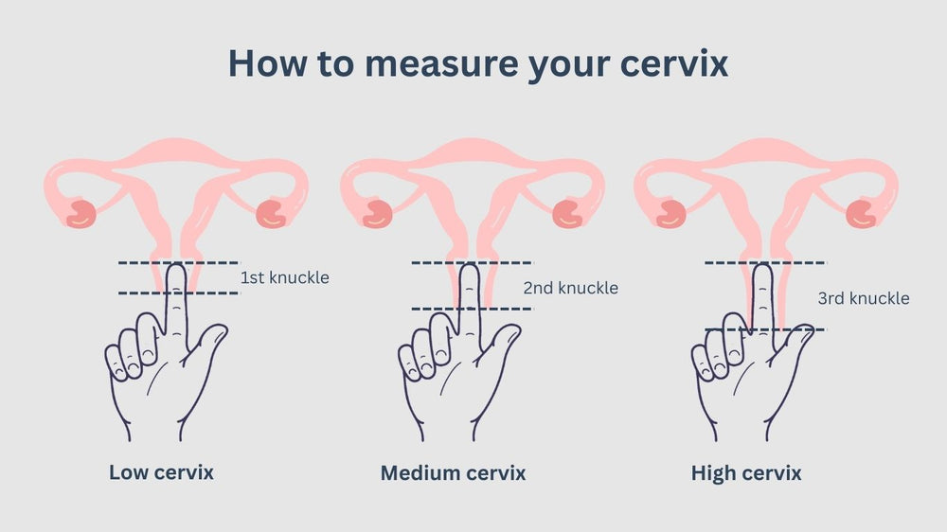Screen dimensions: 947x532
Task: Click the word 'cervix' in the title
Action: [x=673, y=62]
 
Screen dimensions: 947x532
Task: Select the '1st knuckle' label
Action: [x=284, y=277]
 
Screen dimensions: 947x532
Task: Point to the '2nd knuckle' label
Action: [x=571, y=288]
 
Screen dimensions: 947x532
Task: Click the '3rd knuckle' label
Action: [x=864, y=298]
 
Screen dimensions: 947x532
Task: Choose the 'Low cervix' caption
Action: [x=161, y=472]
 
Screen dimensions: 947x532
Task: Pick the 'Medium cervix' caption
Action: [x=453, y=472]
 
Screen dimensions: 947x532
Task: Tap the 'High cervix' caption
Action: [x=746, y=472]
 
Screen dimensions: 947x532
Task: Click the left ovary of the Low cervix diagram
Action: [x=81, y=213]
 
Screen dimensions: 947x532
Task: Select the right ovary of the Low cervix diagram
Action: [x=273, y=213]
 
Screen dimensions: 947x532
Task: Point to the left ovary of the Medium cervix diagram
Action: [x=378, y=213]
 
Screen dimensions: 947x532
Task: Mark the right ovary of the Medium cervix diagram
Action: [x=567, y=213]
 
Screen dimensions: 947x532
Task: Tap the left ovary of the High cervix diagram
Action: [x=671, y=213]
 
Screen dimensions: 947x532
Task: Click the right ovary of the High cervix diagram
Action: [x=861, y=213]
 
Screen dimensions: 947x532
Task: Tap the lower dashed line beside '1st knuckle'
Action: [x=179, y=293]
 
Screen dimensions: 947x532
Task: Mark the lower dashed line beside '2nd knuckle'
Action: [x=472, y=310]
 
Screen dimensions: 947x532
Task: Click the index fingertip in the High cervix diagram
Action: [x=762, y=268]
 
